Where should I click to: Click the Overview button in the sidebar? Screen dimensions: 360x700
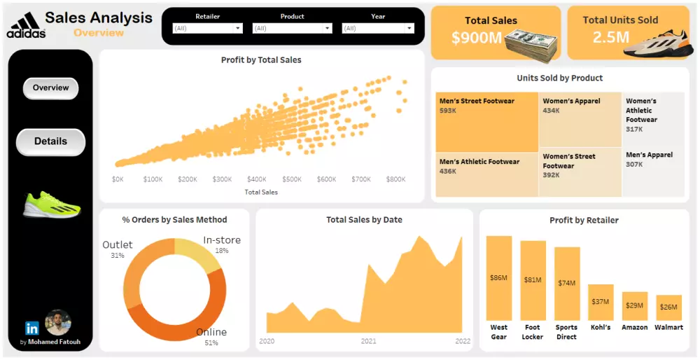coord(50,88)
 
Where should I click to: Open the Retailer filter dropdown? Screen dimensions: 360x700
coord(208,29)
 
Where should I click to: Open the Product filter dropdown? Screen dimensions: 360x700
coord(292,29)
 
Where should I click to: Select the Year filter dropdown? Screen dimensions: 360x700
coord(377,29)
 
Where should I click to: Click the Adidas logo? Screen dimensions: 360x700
coord(26,26)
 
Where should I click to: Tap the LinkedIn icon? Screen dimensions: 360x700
coord(31,328)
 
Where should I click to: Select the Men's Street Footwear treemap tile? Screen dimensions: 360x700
coord(486,121)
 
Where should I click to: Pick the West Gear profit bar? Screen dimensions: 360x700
coord(499,278)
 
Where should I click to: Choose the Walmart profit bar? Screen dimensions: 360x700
coord(668,307)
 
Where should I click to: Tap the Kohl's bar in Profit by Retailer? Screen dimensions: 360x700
coord(601,302)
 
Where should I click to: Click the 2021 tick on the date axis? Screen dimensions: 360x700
coord(368,342)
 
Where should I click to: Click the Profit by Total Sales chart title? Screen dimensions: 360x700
coord(261,60)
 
